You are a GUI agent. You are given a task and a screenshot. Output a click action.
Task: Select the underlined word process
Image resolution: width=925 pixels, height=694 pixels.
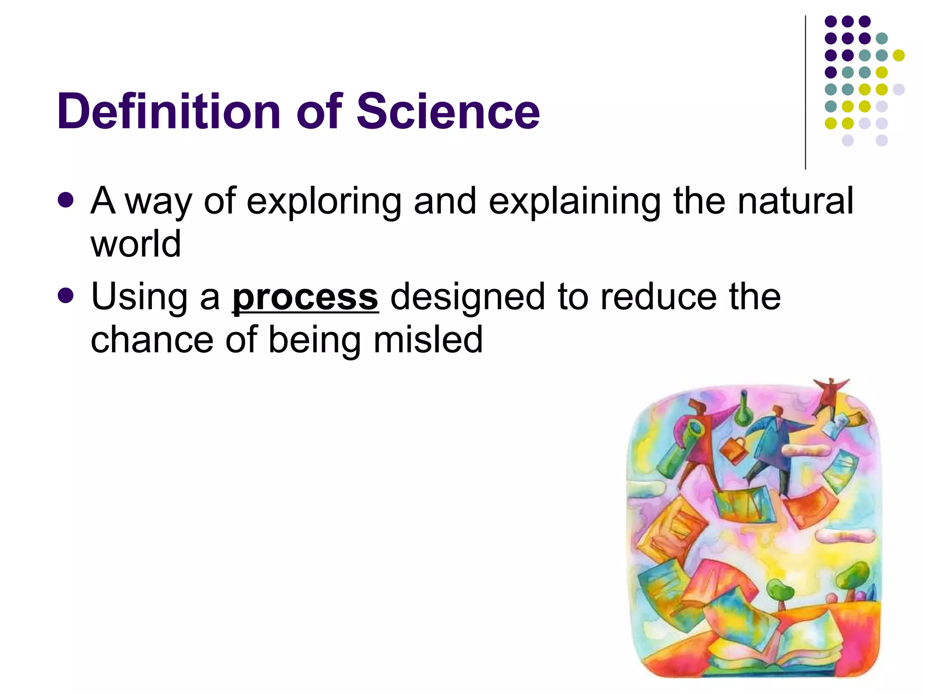[x=305, y=298]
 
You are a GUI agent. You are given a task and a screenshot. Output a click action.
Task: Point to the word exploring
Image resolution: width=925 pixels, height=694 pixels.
[x=323, y=202]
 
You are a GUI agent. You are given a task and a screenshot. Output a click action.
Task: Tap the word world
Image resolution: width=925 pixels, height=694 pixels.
[x=135, y=244]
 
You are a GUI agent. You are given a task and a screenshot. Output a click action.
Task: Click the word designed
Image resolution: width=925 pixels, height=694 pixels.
[x=467, y=298]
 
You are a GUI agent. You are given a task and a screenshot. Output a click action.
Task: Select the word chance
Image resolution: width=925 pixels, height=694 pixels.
[x=152, y=340]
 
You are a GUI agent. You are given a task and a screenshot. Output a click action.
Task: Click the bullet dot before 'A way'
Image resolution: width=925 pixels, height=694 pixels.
[x=66, y=200]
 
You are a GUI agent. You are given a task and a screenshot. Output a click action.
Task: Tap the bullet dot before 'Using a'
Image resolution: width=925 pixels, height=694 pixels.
[x=66, y=296]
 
